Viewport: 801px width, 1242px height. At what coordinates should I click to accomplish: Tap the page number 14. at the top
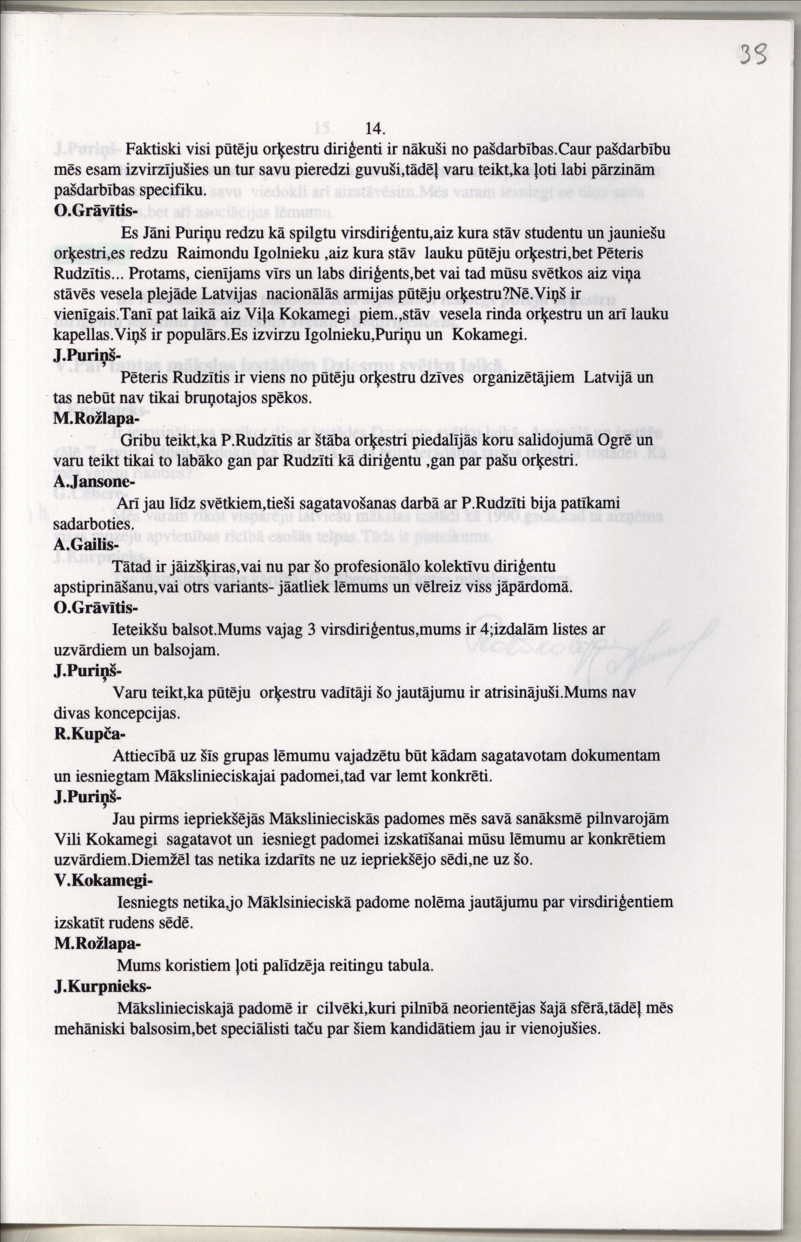[x=375, y=128]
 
